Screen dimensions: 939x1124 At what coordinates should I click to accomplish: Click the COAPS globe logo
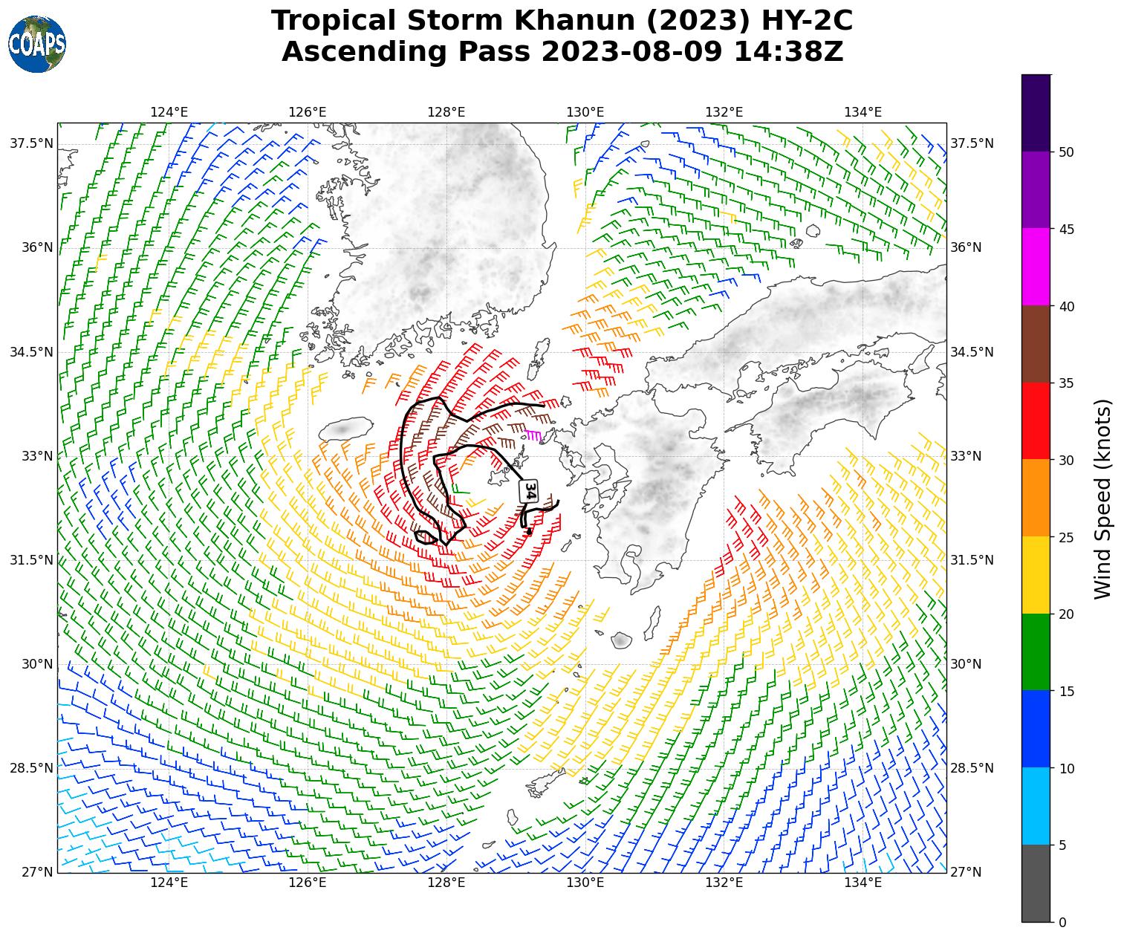pyautogui.click(x=37, y=44)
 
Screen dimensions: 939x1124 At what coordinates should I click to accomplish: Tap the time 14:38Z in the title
pyautogui.click(x=788, y=52)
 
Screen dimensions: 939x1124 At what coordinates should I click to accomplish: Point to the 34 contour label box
pyautogui.click(x=530, y=491)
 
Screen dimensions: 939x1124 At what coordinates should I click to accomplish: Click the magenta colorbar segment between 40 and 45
pyautogui.click(x=1036, y=266)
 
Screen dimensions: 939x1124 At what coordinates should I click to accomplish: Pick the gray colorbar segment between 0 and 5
pyautogui.click(x=1036, y=883)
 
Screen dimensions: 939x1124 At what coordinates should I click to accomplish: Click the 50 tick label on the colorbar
pyautogui.click(x=1066, y=152)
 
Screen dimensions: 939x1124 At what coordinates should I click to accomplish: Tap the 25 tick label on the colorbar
pyautogui.click(x=1066, y=537)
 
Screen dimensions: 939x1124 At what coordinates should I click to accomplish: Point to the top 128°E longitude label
pyautogui.click(x=446, y=112)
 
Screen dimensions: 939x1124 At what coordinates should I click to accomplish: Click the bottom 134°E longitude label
pyautogui.click(x=863, y=883)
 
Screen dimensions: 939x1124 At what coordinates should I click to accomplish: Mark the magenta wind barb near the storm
pyautogui.click(x=532, y=435)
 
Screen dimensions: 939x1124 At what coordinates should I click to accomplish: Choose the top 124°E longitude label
pyautogui.click(x=169, y=112)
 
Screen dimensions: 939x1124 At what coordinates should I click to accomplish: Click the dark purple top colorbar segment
pyautogui.click(x=1036, y=113)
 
